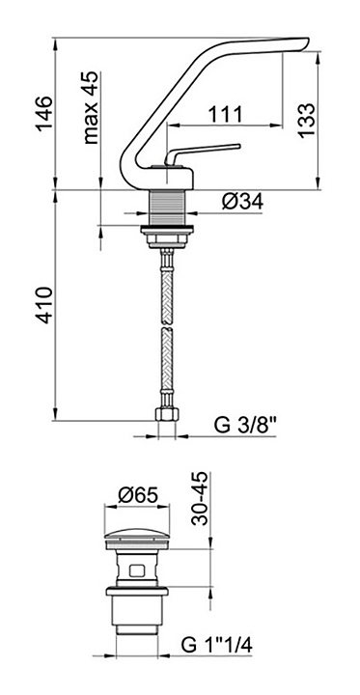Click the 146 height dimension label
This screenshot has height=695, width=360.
point(44,112)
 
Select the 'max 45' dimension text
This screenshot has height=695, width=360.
point(91,108)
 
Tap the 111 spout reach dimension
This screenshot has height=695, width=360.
point(226,114)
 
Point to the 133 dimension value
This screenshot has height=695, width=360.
point(306,120)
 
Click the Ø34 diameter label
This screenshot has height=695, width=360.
point(242,202)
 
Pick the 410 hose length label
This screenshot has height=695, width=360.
point(44,305)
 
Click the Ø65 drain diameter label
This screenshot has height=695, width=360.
point(138,495)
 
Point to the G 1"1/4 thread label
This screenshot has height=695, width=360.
point(217,645)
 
